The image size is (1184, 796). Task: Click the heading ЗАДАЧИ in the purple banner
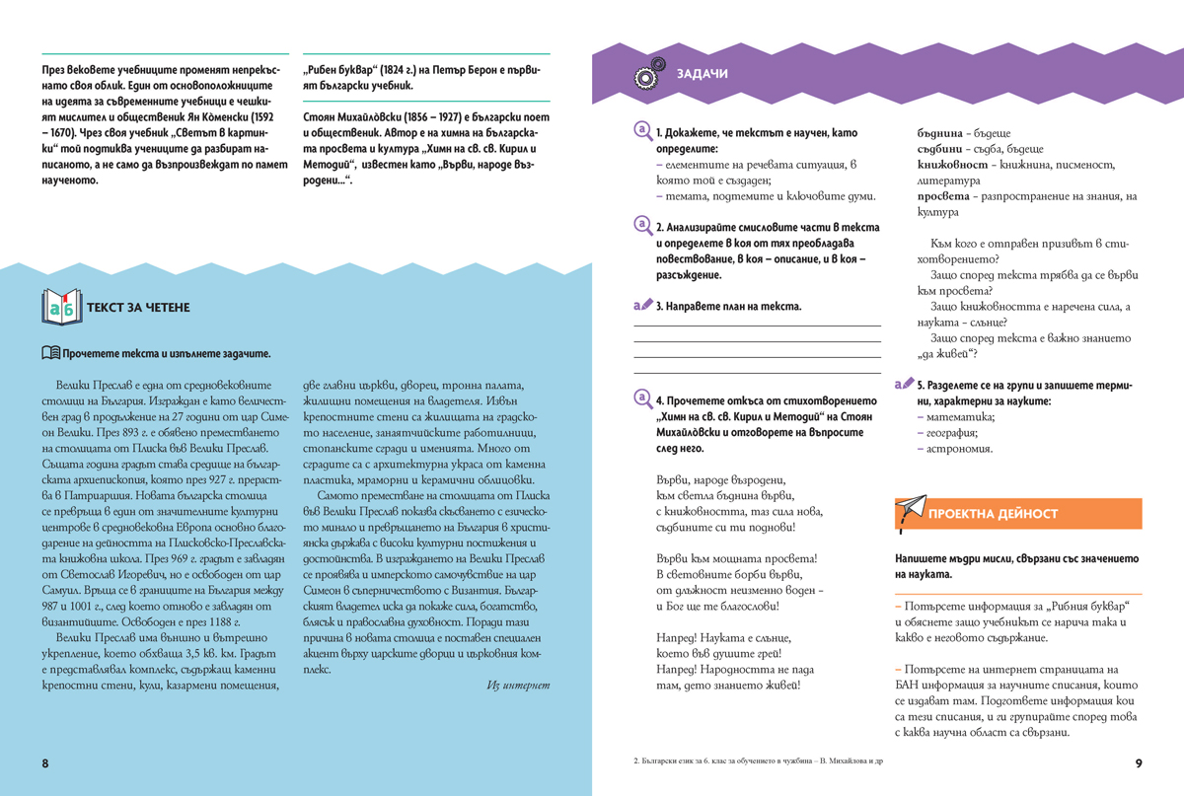[703, 74]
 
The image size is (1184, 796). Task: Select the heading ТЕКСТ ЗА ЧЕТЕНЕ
[138, 307]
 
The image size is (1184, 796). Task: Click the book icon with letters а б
[62, 307]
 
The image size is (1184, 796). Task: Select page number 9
[1138, 763]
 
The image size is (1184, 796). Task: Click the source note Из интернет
[518, 685]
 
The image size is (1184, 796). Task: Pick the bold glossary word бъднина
[939, 133]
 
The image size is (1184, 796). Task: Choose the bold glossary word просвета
[940, 196]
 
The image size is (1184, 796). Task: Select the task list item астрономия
[959, 448]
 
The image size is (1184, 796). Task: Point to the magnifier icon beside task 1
[643, 132]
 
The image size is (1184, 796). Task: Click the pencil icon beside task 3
[643, 306]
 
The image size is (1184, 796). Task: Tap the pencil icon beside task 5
[902, 385]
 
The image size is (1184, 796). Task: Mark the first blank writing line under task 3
[757, 326]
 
